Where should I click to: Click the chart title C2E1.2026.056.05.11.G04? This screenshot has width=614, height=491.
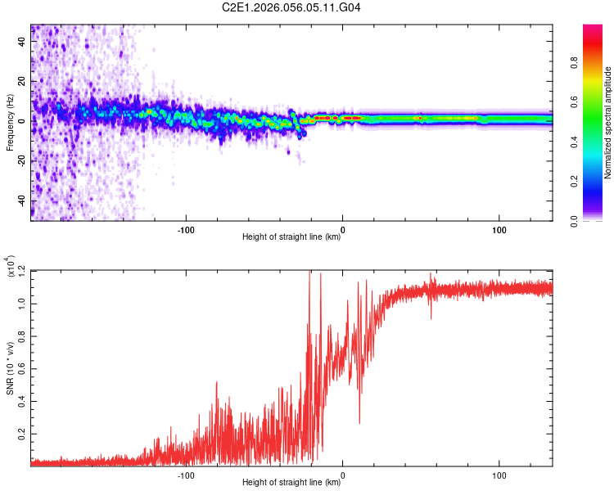point(291,7)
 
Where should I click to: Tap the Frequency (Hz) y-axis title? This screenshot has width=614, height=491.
point(10,123)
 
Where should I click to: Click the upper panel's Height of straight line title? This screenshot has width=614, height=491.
point(291,237)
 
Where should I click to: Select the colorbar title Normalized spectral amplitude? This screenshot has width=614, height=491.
point(608,123)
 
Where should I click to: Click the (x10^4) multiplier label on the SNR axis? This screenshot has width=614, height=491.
point(12,267)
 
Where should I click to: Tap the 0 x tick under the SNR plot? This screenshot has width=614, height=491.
point(342,472)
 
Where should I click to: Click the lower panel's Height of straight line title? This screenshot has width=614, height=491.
point(291,483)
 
